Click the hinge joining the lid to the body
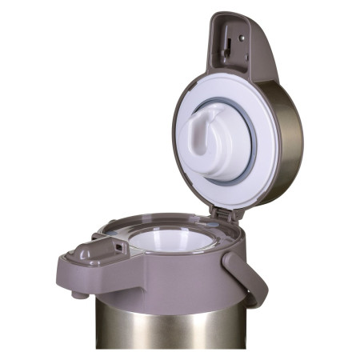pos(223,213)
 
